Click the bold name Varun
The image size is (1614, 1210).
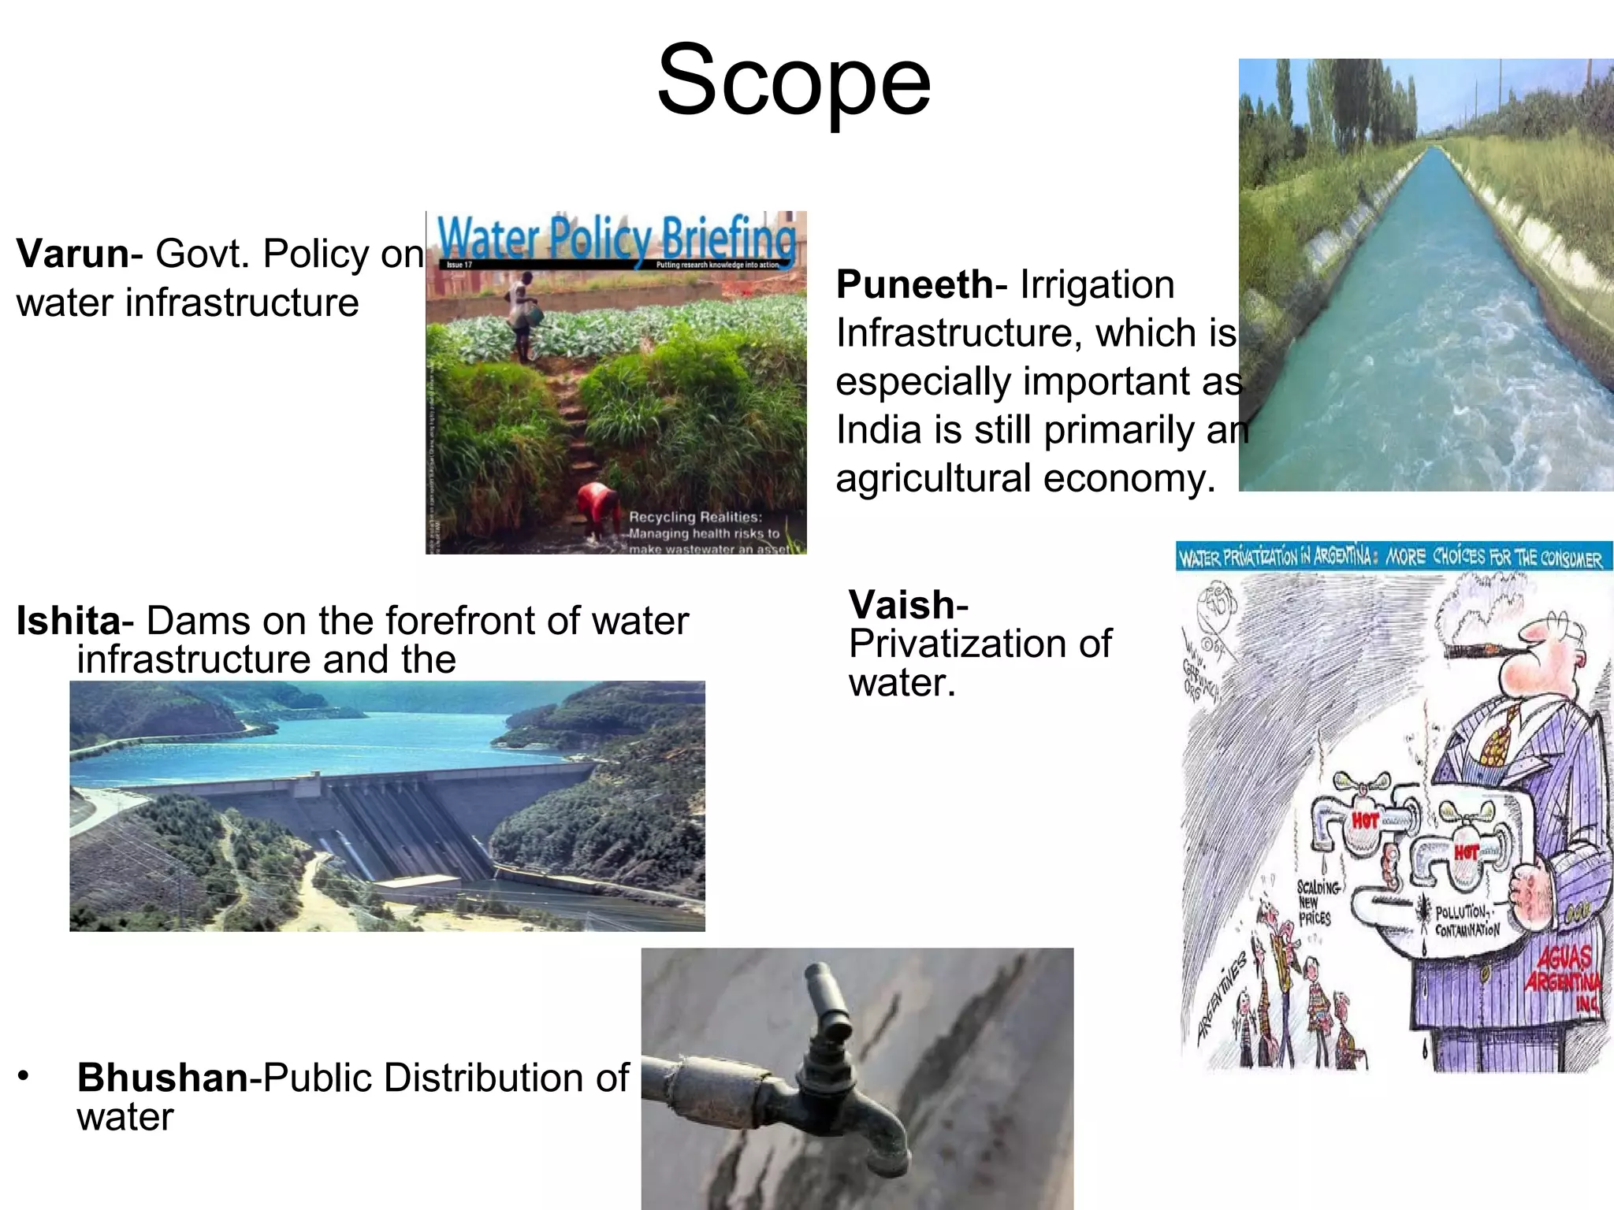[73, 254]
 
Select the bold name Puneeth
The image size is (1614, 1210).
[914, 284]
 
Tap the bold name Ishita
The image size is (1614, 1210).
[68, 621]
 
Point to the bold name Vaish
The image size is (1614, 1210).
[903, 605]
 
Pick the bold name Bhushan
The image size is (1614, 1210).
[162, 1078]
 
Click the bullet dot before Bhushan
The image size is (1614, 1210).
[24, 1075]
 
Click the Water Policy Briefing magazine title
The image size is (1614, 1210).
[616, 236]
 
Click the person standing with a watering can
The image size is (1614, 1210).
[521, 315]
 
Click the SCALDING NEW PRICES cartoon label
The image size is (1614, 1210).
[1315, 903]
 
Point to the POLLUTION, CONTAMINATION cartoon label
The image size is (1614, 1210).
[1467, 921]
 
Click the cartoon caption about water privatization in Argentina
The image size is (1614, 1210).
[1391, 558]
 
